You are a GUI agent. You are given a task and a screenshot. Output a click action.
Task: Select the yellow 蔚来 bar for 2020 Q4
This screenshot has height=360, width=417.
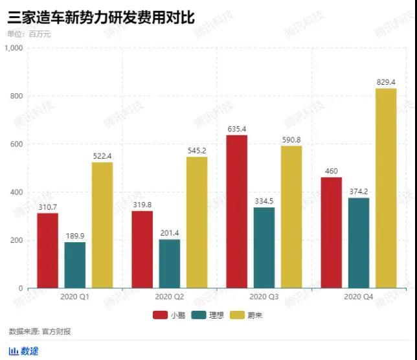click(x=386, y=188)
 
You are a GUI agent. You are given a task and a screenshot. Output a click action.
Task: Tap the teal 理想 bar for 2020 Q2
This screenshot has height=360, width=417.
click(x=170, y=264)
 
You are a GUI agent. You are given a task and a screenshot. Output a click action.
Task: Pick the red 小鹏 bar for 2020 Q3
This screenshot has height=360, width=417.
click(x=236, y=211)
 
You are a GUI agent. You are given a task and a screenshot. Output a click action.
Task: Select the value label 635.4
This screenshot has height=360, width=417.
click(x=236, y=129)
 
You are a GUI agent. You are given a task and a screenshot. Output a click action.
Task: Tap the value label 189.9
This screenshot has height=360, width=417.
click(x=75, y=236)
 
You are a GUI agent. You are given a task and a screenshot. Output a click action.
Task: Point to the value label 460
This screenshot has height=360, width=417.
click(x=332, y=171)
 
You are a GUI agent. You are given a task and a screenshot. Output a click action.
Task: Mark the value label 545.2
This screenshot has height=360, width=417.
click(x=197, y=150)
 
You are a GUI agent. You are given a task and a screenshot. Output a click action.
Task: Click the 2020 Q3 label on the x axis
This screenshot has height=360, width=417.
click(x=264, y=297)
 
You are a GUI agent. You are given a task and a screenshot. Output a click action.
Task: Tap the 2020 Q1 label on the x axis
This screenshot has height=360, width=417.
click(x=75, y=297)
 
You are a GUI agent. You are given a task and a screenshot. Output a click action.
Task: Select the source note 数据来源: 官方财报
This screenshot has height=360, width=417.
click(x=40, y=332)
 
